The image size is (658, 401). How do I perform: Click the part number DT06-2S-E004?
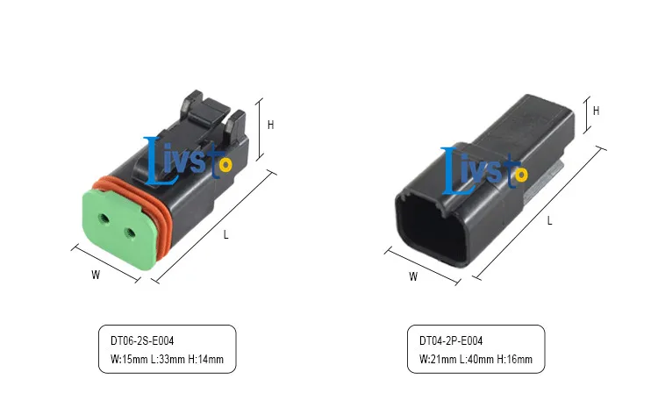click(x=142, y=340)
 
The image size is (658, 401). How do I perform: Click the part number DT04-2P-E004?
click(x=451, y=340)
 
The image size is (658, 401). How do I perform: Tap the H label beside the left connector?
click(x=271, y=125)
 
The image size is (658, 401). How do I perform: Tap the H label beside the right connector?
click(x=596, y=111)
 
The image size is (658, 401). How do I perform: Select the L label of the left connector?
click(x=225, y=235)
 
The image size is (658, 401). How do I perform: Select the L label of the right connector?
click(x=550, y=220)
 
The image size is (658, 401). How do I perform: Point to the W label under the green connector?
click(x=96, y=275)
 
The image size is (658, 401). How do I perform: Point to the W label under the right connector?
click(x=413, y=276)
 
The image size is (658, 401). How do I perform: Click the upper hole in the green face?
click(x=104, y=218)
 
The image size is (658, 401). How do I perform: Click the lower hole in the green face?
click(x=131, y=233)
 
